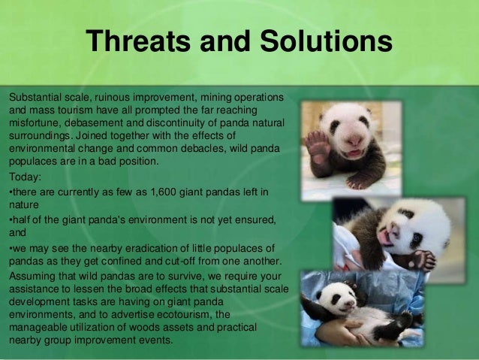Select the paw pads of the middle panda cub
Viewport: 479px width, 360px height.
(x=423, y=260)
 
